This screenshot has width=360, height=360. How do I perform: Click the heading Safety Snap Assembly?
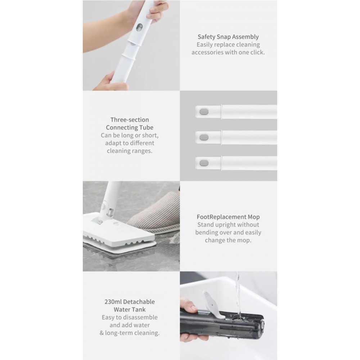(228, 37)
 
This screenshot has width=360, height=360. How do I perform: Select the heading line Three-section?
(130, 120)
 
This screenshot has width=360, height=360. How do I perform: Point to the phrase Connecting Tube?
(130, 127)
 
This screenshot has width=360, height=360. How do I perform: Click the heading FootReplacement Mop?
(228, 217)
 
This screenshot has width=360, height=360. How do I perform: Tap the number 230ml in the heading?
(113, 302)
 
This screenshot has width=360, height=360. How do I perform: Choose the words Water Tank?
(130, 310)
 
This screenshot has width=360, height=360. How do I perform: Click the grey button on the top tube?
(204, 112)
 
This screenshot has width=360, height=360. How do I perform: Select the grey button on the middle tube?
(204, 137)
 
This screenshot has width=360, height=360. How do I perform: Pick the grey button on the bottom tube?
(204, 163)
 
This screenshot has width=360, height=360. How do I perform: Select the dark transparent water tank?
(221, 324)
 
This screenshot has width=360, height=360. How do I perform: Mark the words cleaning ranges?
(130, 151)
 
